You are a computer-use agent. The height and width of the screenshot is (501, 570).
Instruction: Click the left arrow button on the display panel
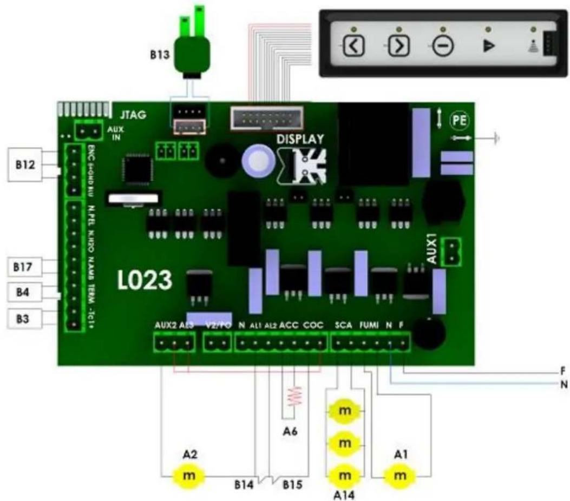pyautogui.click(x=353, y=47)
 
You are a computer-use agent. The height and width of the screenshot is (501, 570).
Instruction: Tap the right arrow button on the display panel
pyautogui.click(x=398, y=47)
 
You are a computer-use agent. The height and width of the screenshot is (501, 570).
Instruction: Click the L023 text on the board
pyautogui.click(x=145, y=280)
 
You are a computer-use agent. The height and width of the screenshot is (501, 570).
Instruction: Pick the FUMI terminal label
pyautogui.click(x=368, y=325)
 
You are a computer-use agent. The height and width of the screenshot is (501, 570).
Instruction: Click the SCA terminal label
pyautogui.click(x=343, y=325)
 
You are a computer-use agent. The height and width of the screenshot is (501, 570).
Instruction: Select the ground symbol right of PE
pyautogui.click(x=495, y=139)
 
